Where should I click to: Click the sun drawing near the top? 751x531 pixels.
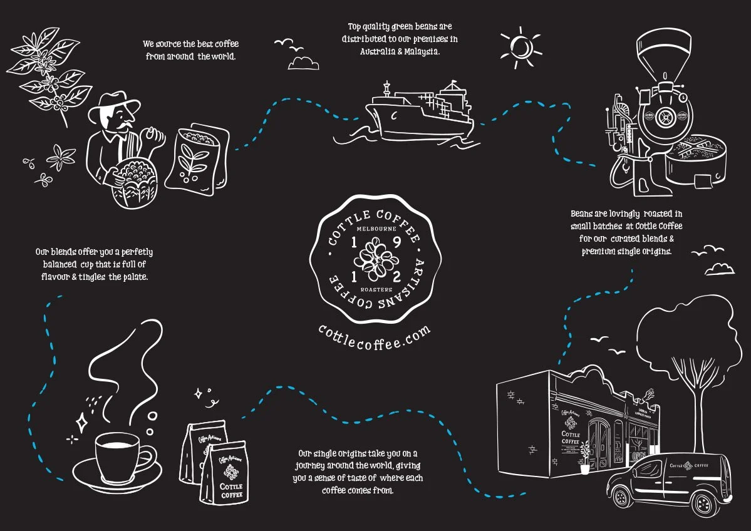click(520, 46)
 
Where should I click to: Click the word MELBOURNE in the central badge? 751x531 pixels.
click(374, 229)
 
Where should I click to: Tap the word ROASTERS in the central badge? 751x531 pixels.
click(376, 290)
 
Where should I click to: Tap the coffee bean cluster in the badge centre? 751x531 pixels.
click(375, 259)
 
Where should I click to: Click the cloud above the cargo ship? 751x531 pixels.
click(303, 63)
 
